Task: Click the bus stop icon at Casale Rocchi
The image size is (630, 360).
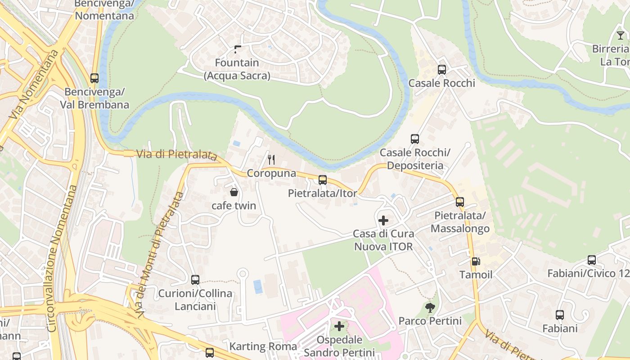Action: (x=442, y=70)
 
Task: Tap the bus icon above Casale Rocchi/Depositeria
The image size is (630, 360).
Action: (x=415, y=139)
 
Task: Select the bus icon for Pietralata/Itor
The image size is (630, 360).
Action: (x=323, y=180)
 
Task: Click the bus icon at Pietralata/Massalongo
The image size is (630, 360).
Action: (x=460, y=202)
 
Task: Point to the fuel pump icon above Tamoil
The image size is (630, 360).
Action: (x=476, y=261)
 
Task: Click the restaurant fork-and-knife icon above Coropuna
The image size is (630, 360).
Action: (x=271, y=160)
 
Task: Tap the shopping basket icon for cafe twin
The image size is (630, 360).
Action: (x=234, y=193)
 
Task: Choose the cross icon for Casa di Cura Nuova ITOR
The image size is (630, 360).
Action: (x=383, y=220)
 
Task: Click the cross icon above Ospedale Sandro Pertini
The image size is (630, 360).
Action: (x=339, y=326)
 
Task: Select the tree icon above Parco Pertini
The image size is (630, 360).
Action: (x=430, y=308)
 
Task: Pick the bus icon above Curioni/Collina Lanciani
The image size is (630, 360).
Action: (x=195, y=280)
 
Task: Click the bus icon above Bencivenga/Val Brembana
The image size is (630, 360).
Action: (x=94, y=78)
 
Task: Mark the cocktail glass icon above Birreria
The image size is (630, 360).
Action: (x=621, y=36)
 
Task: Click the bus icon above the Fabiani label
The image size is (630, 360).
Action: (x=560, y=315)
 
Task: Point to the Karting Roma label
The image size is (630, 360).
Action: (x=263, y=346)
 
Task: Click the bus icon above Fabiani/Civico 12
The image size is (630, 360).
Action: (x=592, y=260)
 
